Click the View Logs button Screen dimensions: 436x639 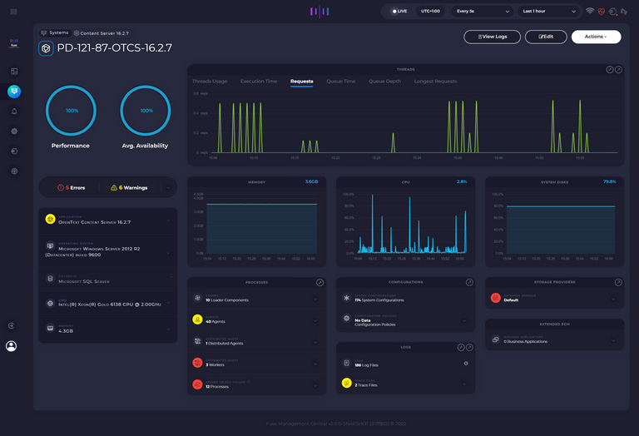pyautogui.click(x=492, y=37)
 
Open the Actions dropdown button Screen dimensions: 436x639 pyautogui.click(x=596, y=37)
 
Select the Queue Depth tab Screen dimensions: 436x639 pyautogui.click(x=384, y=82)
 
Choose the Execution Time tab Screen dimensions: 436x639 pyautogui.click(x=259, y=82)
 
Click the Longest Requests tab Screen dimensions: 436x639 pyautogui.click(x=435, y=82)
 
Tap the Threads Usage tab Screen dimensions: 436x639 pyautogui.click(x=210, y=82)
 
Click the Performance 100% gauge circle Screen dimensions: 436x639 pyautogui.click(x=72, y=111)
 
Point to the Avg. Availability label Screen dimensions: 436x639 pyautogui.click(x=145, y=146)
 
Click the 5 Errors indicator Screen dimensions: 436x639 pyautogui.click(x=71, y=188)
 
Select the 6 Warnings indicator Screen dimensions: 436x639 pyautogui.click(x=129, y=188)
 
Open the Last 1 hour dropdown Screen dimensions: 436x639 pyautogui.click(x=548, y=12)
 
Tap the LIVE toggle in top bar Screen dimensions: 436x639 pyautogui.click(x=399, y=12)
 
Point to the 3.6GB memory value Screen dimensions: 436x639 pyautogui.click(x=311, y=181)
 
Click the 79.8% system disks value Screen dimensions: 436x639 pyautogui.click(x=609, y=181)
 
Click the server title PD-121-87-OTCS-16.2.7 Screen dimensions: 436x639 pyautogui.click(x=114, y=48)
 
